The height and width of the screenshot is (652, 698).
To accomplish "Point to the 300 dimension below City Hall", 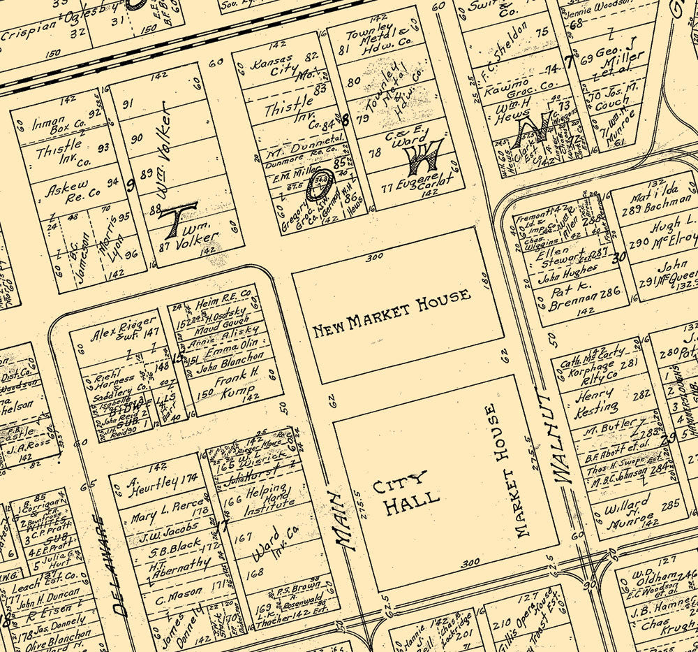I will pyautogui.click(x=470, y=562).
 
